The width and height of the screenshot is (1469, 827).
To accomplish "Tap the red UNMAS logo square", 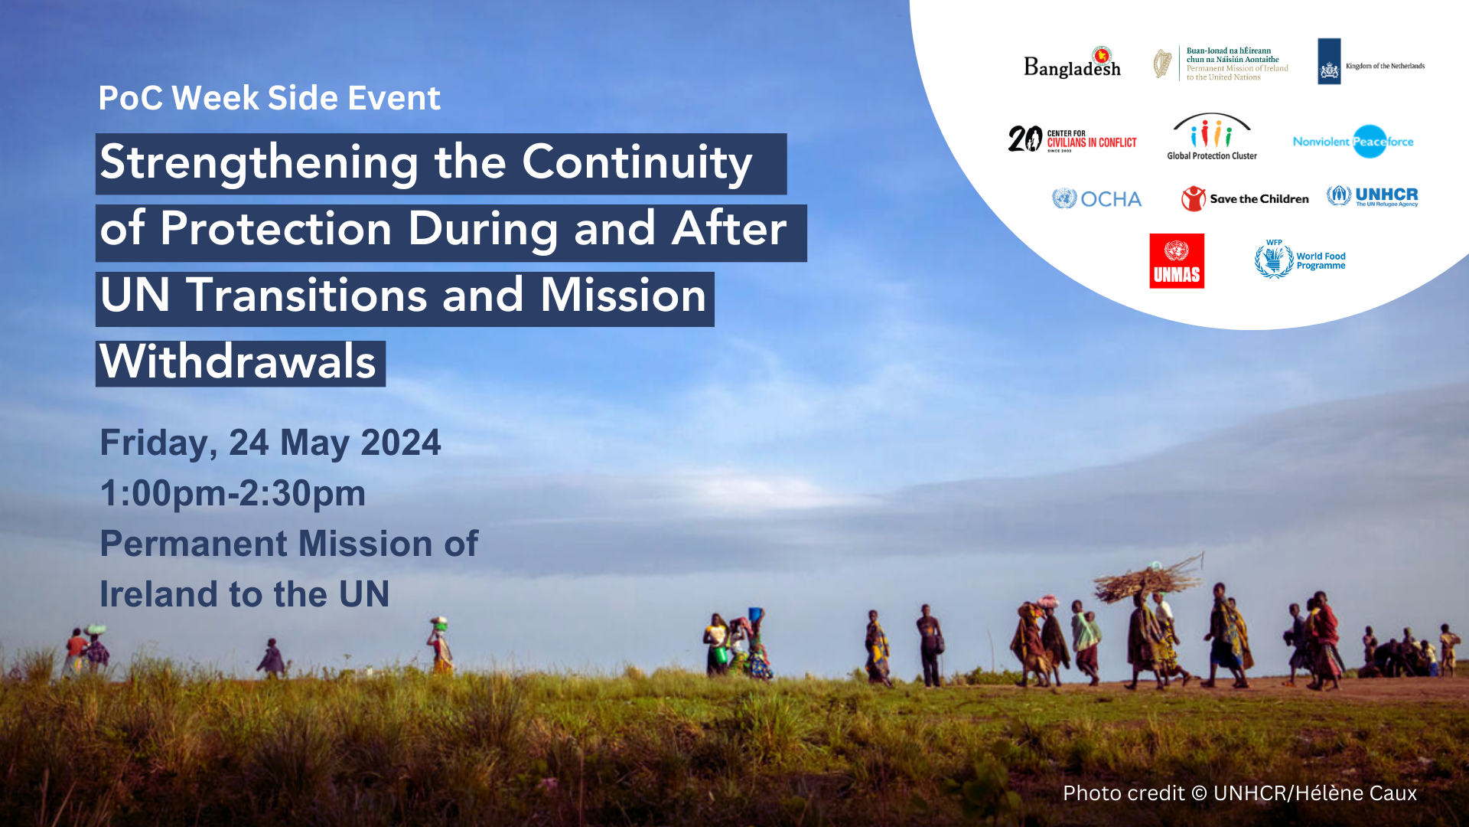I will [x=1177, y=261].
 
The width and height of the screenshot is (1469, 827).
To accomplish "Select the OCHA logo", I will [x=1096, y=199].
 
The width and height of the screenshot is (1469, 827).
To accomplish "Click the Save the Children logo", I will [x=1245, y=199].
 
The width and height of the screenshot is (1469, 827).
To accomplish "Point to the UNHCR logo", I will [x=1373, y=196].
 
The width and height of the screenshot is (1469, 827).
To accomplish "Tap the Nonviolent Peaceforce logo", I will [x=1353, y=142].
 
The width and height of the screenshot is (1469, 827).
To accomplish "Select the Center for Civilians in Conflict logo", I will [x=1072, y=139].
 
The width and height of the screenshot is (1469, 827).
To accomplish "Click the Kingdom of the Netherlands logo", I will [x=1370, y=62].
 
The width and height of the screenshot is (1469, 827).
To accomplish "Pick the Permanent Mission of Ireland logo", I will [x=1221, y=64].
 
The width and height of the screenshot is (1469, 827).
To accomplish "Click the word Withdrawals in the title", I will [x=239, y=362].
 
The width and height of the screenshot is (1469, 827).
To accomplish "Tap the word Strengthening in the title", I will [x=259, y=163].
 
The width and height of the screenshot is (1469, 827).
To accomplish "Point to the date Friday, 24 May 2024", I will [x=270, y=443].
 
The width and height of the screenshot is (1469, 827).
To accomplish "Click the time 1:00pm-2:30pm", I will [x=233, y=494].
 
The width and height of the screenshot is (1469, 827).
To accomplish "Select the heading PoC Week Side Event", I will [x=269, y=98].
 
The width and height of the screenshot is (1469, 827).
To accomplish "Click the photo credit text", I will [x=1239, y=793].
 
